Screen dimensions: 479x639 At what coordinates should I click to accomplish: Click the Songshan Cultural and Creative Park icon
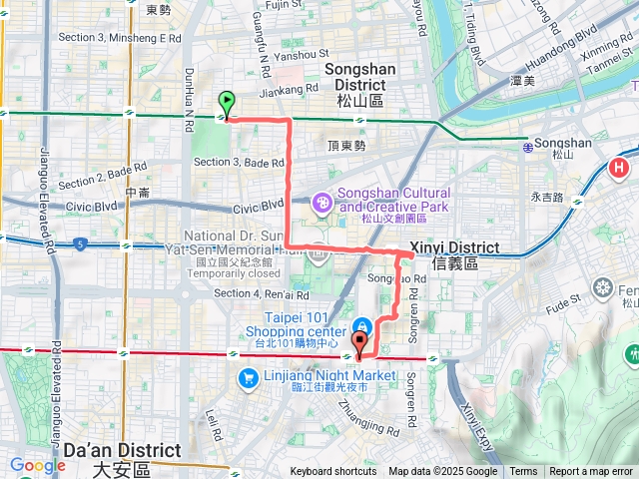pos(322,203)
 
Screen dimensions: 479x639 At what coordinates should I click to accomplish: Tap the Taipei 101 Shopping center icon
pos(359,326)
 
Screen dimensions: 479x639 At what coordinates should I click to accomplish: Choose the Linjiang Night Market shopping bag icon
pos(247,378)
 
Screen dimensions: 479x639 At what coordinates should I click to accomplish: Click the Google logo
pos(38,465)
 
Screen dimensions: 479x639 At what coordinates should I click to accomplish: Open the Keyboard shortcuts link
pos(333,472)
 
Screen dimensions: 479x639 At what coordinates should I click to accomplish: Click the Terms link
pos(523,472)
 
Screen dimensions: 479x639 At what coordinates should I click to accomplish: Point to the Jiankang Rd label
pos(288,88)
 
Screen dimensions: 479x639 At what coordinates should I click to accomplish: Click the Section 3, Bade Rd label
pos(240,162)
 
